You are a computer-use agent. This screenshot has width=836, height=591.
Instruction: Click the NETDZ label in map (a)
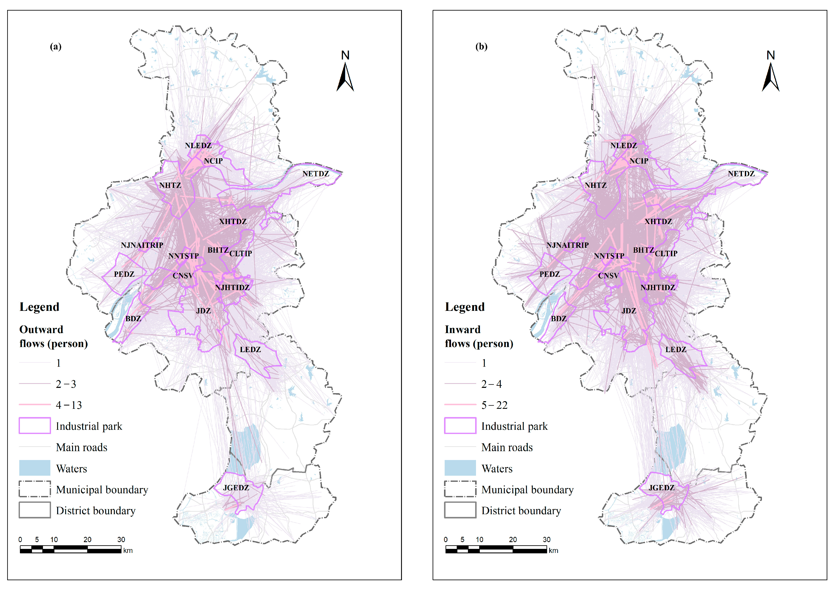click(316, 174)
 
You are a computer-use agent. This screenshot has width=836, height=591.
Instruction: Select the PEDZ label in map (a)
click(124, 274)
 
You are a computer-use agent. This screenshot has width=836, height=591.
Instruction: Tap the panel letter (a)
click(56, 46)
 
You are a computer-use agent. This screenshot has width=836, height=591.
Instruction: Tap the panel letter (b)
click(481, 46)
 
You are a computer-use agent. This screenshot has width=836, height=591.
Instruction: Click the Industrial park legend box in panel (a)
click(35, 426)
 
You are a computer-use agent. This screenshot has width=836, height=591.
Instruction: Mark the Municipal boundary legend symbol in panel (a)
click(35, 489)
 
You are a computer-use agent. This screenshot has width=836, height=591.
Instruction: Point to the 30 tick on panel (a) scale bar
click(121, 540)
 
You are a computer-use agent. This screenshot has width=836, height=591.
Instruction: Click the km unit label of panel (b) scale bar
click(553, 551)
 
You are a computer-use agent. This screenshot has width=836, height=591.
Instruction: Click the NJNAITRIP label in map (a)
click(142, 245)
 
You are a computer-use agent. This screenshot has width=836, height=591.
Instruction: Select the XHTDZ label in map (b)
click(658, 221)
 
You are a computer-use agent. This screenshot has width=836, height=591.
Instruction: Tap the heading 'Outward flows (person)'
click(54, 336)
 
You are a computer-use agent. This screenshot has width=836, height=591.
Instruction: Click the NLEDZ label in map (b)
click(623, 145)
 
